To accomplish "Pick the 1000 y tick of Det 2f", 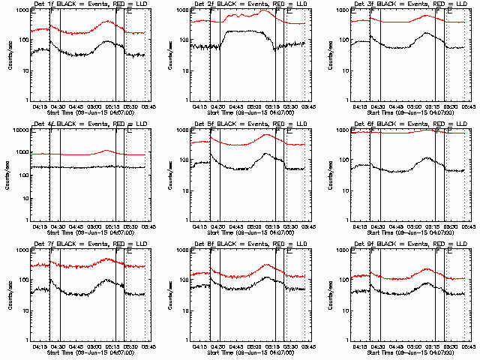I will (181, 10).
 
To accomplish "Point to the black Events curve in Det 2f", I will (240, 31).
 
